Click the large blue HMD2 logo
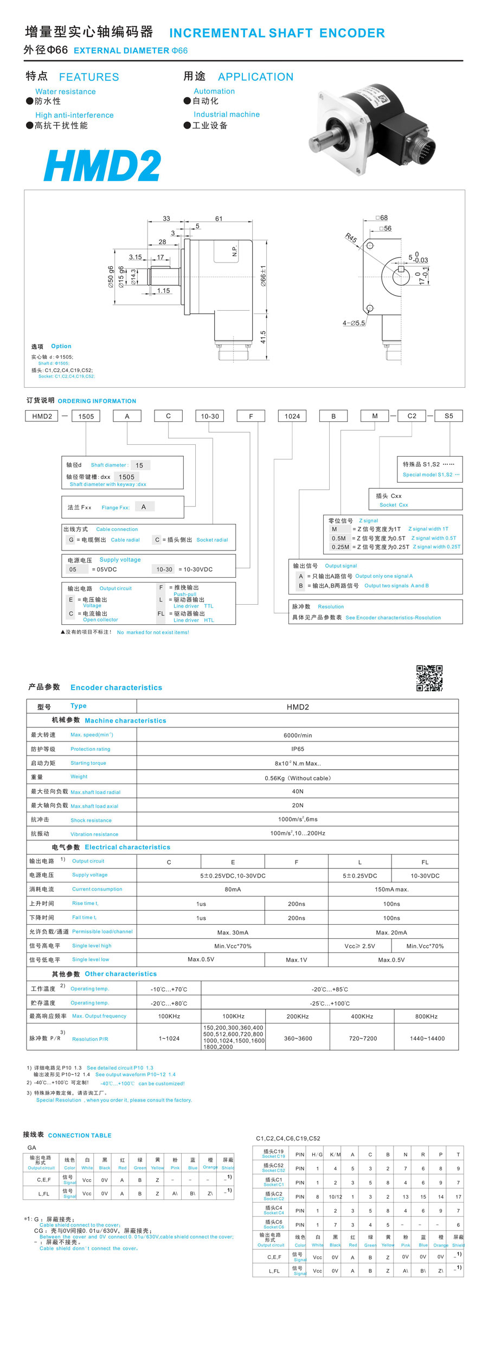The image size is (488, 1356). [x=102, y=166]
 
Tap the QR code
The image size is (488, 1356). [x=429, y=678]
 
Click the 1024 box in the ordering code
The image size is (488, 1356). [x=292, y=416]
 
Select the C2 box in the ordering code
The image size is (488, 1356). [x=412, y=416]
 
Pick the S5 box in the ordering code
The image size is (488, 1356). [x=448, y=416]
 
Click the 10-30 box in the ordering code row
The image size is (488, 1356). [x=209, y=416]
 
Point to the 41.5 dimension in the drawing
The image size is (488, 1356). [x=263, y=337]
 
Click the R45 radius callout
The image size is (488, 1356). [x=351, y=238]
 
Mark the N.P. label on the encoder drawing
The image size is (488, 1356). [x=235, y=251]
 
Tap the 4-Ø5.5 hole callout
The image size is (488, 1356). [x=354, y=323]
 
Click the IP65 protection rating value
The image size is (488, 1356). [x=298, y=749]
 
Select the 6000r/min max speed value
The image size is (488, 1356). [x=298, y=735]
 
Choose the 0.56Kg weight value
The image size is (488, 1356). [x=298, y=778]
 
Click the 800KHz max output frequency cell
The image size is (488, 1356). [x=426, y=1016]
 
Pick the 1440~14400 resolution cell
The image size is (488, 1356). [x=427, y=1038]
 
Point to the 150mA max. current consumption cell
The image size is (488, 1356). [x=391, y=890]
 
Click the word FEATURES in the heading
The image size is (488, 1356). [x=89, y=77]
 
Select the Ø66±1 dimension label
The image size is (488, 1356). [x=263, y=276]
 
